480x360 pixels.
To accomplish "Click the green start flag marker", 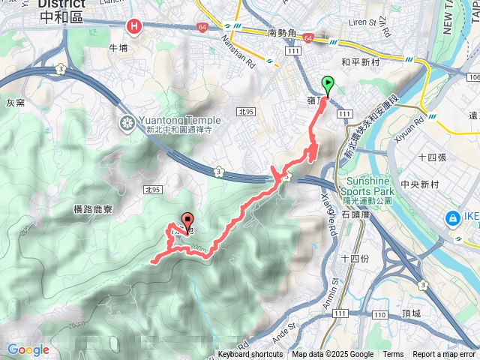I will (x=327, y=84).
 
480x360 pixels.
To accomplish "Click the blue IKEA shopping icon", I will (x=452, y=218).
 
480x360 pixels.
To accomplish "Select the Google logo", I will (x=28, y=349).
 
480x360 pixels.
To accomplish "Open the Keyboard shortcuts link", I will (x=250, y=355).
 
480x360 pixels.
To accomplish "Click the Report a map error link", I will (x=444, y=355).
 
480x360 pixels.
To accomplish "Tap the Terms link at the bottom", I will (x=393, y=355).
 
